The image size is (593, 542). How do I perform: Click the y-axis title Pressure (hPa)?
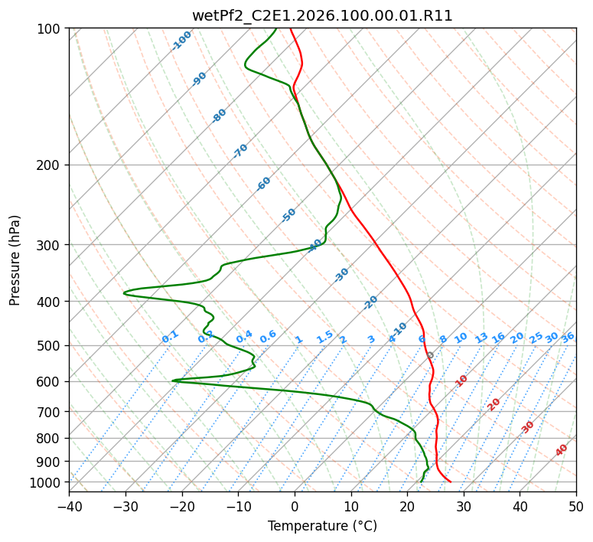pos(15,260)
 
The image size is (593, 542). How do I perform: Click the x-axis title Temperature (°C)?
pos(322,526)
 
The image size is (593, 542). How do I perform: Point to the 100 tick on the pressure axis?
pos(51,29)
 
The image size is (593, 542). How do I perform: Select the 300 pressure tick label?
pos(51,245)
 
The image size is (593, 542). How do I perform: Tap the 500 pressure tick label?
pos(51,345)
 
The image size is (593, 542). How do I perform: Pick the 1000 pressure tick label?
pos(47,482)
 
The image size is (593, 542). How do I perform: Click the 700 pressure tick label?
pos(51,412)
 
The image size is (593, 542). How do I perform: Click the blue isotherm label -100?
pos(182,40)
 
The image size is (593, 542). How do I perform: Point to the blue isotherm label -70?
pos(240,151)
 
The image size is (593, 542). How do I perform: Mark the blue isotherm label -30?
pos(341,274)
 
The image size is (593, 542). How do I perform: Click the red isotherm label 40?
pos(562,450)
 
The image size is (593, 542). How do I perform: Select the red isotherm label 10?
pos(461,380)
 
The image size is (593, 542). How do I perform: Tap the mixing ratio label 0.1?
pos(170,337)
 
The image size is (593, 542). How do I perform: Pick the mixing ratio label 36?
pos(568,337)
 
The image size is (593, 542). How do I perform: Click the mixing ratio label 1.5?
pos(324,337)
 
